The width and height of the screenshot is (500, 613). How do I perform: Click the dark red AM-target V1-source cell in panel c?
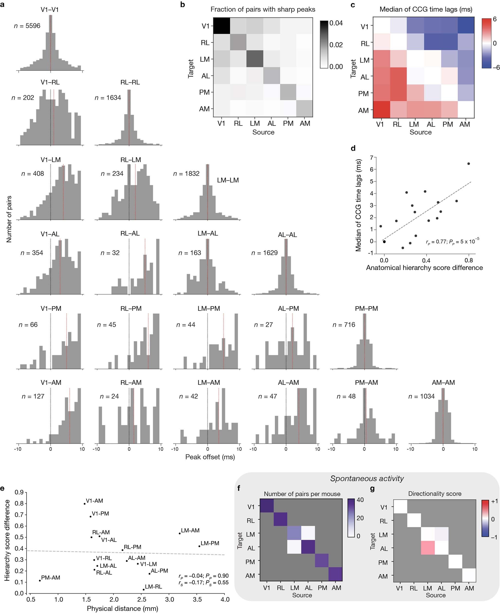[x=381, y=109]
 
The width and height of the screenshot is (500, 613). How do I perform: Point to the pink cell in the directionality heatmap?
[x=428, y=548]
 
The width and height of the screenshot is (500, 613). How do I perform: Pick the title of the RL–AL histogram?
[x=130, y=233]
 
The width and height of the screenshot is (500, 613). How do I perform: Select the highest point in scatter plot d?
[x=469, y=164]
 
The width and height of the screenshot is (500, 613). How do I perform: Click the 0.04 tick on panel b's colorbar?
[x=336, y=23]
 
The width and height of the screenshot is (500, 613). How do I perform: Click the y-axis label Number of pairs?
[x=9, y=219]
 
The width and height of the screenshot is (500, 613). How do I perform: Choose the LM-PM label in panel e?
[x=210, y=543]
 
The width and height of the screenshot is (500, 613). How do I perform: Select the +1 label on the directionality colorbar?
[x=494, y=501]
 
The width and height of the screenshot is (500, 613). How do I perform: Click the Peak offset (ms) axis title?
[x=210, y=457]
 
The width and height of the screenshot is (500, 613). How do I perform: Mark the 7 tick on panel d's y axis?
[x=372, y=158]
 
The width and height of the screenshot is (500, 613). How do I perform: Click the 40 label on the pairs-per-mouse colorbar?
[x=360, y=500]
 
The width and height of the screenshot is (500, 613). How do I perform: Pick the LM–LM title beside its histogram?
[x=228, y=180]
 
